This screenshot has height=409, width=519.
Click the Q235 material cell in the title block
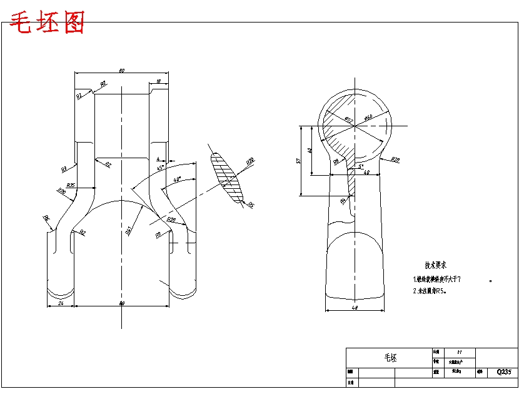click(503, 371)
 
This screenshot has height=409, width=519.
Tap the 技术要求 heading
click(435, 266)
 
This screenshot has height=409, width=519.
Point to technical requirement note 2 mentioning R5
click(430, 291)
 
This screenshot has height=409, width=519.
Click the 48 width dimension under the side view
click(355, 306)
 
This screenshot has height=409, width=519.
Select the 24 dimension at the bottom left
click(61, 303)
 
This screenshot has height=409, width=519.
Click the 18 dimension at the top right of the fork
click(158, 81)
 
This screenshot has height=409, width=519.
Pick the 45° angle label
click(160, 168)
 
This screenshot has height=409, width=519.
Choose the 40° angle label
click(177, 179)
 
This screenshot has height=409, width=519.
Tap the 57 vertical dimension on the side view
click(299, 160)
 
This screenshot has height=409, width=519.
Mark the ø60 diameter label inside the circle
click(368, 118)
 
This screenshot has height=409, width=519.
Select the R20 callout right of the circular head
click(395, 160)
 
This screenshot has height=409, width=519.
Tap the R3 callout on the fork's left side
click(64, 169)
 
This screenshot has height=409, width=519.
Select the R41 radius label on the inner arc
click(128, 230)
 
